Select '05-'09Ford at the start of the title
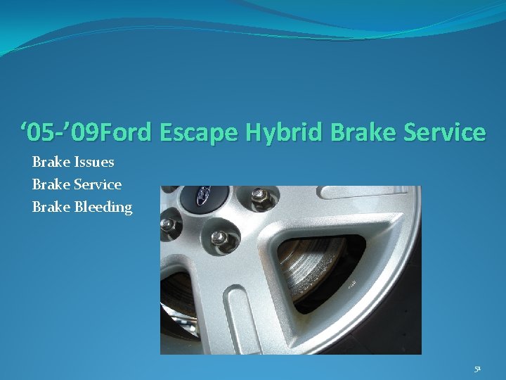[x=89, y=132]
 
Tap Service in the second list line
[x=98, y=184]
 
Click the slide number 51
[x=477, y=368]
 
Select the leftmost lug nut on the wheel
[x=168, y=224]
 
